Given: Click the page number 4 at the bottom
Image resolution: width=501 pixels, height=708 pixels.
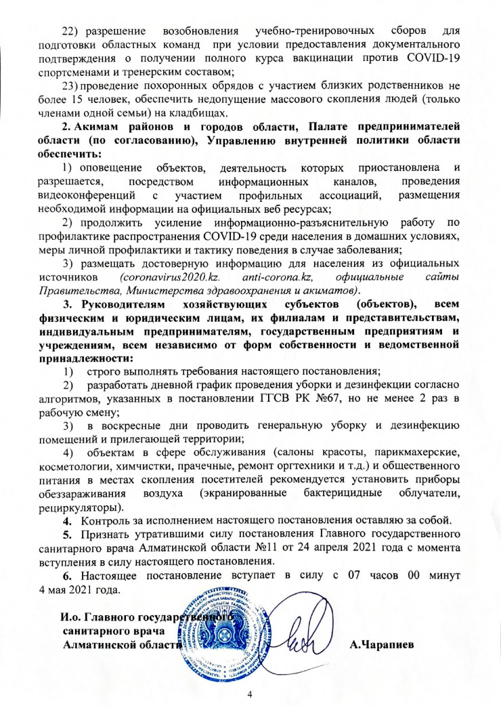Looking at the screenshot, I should (250, 694).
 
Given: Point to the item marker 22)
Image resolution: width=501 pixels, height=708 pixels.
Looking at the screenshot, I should (71, 33).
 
